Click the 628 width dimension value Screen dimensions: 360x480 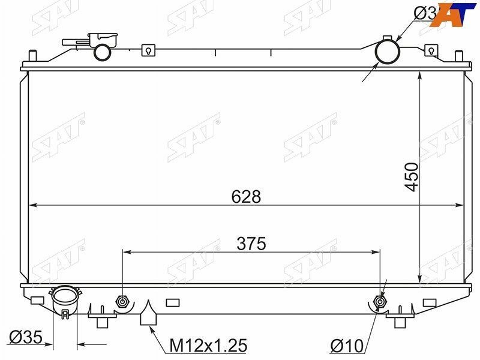248,197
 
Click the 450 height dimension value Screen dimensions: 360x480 411,176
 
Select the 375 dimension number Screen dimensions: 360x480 251,244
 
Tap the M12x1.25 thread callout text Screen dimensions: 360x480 208,346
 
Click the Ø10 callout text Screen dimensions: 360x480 347,346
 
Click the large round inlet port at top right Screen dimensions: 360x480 388,52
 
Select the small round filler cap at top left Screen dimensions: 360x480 103,52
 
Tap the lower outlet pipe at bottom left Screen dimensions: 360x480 65,299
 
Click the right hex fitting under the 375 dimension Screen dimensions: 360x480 379,302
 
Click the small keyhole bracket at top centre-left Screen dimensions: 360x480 146,52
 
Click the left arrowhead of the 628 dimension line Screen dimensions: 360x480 34,205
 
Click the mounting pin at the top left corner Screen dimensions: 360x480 33,56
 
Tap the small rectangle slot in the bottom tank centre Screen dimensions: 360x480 172,302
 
